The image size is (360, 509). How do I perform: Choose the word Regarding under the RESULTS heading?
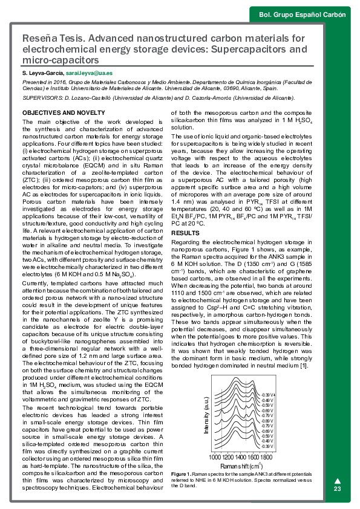[x=187, y=242]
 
